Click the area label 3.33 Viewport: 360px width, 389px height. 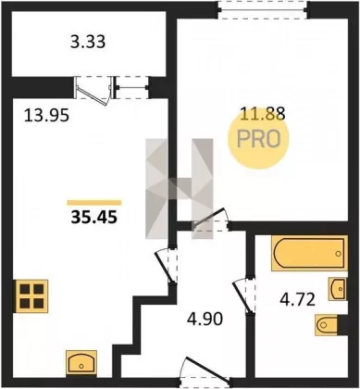pos(88,42)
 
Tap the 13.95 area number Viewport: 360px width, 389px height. pos(46,116)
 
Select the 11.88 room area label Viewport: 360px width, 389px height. pos(263,114)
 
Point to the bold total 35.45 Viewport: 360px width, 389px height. pos(94,218)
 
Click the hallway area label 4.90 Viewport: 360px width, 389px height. pos(205,319)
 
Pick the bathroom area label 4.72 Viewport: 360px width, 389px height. pos(297,299)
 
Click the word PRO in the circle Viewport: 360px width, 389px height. pos(259,139)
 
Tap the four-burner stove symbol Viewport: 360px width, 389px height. pos(31,296)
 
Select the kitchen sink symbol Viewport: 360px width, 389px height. pos(81,362)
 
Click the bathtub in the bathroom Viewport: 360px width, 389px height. pos(309,253)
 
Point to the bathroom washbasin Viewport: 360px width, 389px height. pos(338,289)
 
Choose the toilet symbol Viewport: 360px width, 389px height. pos(327,325)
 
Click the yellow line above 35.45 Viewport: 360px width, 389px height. pos(94,203)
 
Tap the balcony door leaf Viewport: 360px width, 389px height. pos(93,96)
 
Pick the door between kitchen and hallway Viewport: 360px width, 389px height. pos(164,267)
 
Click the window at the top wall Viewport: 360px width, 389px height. pos(263,10)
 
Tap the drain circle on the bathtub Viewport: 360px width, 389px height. pos(339,254)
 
